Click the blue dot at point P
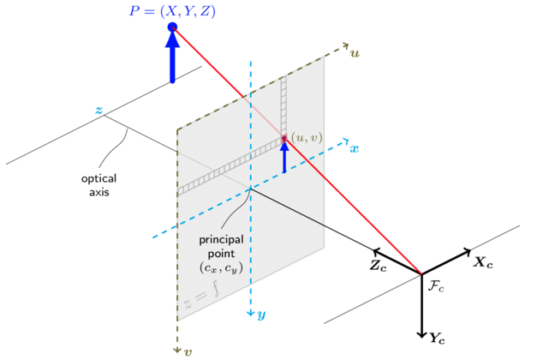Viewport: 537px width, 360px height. [x=172, y=27]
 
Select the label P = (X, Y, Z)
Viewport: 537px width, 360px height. [x=172, y=11]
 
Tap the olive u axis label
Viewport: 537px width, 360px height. [x=355, y=53]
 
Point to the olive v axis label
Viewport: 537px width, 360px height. [x=188, y=352]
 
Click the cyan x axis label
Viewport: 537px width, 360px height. [x=354, y=148]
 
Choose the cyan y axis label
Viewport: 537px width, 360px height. [x=262, y=315]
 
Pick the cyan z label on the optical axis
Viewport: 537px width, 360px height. [x=98, y=110]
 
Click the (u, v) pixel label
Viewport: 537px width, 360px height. [x=307, y=138]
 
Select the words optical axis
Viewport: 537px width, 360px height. [x=99, y=185]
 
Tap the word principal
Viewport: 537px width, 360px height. [x=221, y=240]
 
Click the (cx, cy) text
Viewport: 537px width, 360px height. [x=221, y=267]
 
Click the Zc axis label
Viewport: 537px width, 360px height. [x=378, y=266]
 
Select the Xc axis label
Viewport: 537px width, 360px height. [x=483, y=262]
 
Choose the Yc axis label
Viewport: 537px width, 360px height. [x=437, y=339]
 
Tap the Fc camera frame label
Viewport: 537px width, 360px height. [x=436, y=286]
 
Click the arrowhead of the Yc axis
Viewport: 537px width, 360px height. [x=422, y=335]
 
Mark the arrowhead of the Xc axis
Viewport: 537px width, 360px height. [x=467, y=252]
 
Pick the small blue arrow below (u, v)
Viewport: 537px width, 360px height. [x=284, y=157]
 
